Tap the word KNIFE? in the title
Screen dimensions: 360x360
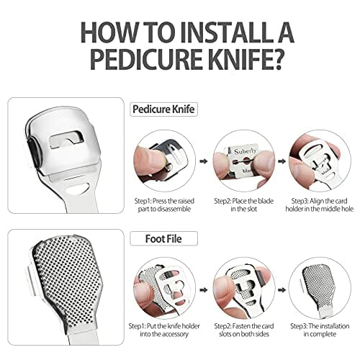244,59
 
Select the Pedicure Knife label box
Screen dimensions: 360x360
163,109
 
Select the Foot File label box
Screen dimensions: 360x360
163,238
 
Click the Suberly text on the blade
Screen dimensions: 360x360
246,151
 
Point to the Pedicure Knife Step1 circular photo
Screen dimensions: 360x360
164,161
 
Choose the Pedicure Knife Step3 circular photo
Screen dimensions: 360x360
320,161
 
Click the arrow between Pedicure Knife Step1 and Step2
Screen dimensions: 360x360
204,161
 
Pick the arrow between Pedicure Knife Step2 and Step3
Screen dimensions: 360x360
282,161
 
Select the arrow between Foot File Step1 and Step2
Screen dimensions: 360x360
204,290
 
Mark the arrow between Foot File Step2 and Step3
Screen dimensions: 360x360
282,290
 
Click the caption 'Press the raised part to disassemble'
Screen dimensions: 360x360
164,205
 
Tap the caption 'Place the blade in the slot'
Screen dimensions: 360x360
244,205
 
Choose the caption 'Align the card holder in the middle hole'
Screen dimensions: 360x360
320,205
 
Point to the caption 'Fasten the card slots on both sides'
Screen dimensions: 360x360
244,330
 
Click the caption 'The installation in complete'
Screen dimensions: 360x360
320,330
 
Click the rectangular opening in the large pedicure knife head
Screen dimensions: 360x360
66,139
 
